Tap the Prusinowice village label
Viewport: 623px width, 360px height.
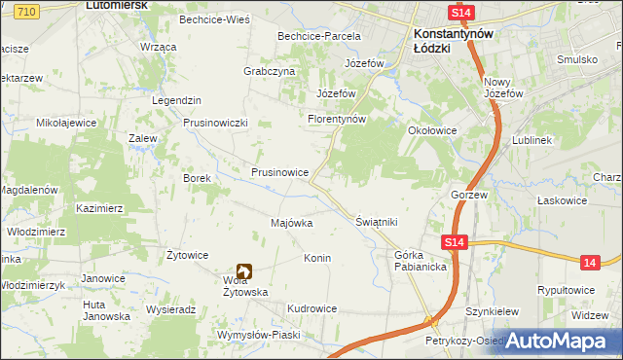point(280,172)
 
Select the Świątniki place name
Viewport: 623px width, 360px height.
point(377,222)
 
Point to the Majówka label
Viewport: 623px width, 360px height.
point(291,223)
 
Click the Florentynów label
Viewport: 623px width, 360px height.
point(336,120)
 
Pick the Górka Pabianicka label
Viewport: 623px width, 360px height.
point(421,261)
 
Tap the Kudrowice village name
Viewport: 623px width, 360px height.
point(311,308)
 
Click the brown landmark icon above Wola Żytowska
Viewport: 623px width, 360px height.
point(243,273)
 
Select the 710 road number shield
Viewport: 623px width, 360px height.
point(27,11)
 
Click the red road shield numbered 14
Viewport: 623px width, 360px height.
point(590,262)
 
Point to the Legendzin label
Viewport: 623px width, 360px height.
point(176,101)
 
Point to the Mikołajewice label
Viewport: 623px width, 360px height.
point(66,124)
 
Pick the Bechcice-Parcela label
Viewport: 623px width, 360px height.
point(319,36)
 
